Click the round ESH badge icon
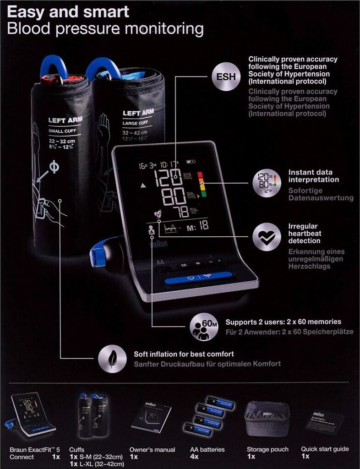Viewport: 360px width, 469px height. coord(226,76)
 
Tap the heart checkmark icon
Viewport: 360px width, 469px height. coord(267,237)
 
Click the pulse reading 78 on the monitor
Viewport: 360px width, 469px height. coord(182,212)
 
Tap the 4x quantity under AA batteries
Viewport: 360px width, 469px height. coord(194,457)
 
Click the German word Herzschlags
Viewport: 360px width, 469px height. coord(309,266)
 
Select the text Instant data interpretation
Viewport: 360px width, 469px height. coord(314,176)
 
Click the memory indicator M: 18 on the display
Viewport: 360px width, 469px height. coord(198,225)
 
